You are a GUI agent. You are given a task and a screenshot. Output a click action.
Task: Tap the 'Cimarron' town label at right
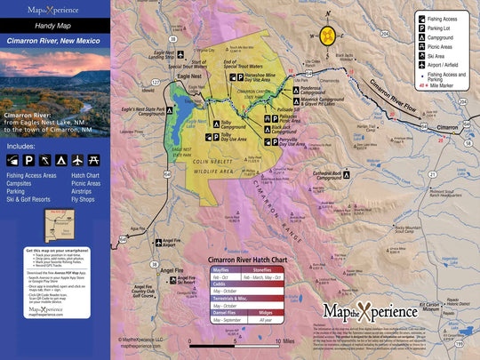coord(451,129)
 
